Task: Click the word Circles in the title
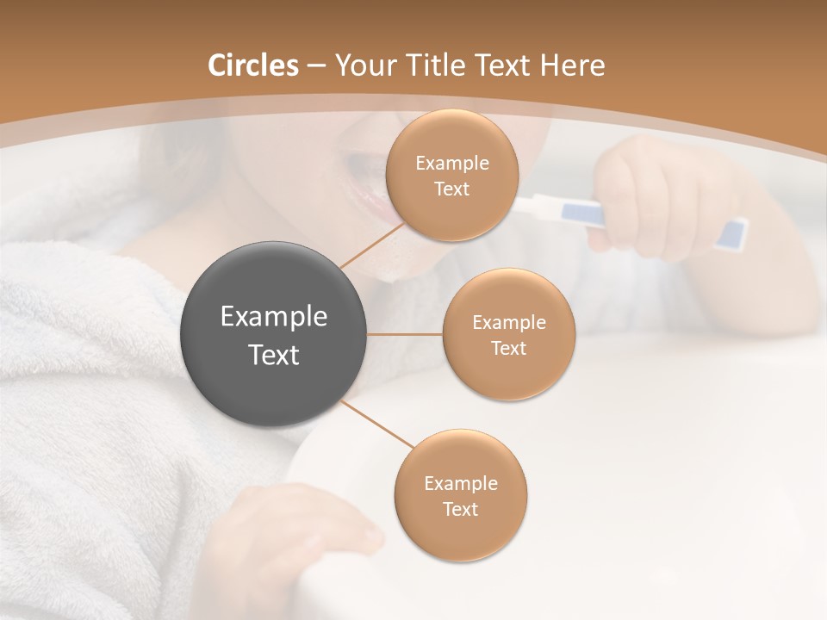click(253, 65)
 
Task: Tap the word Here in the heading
click(572, 65)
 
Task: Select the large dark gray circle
click(273, 334)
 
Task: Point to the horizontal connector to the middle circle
click(404, 334)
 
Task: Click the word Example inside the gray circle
click(273, 317)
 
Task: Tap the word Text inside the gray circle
click(273, 355)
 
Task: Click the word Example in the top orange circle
click(451, 164)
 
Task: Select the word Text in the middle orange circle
click(508, 349)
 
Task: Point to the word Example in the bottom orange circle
click(460, 484)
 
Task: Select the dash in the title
click(315, 66)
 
